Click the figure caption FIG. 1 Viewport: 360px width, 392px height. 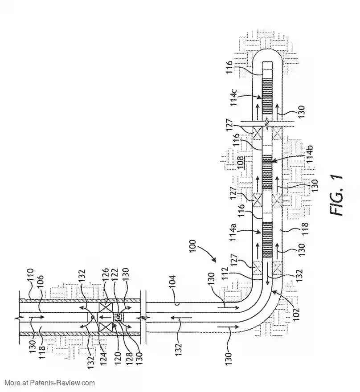pos(337,195)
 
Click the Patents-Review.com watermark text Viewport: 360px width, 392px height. pos(49,383)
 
